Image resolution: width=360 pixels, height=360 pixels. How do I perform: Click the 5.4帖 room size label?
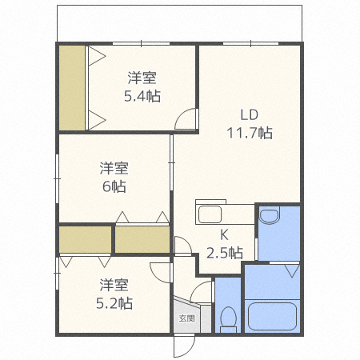[x=142, y=96]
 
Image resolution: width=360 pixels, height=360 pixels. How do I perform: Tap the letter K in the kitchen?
[x=225, y=235]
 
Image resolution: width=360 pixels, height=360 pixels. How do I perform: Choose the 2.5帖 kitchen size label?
[x=225, y=253]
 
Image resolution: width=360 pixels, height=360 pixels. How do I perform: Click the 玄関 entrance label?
[x=186, y=317]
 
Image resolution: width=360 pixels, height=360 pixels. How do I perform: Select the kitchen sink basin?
[x=210, y=215]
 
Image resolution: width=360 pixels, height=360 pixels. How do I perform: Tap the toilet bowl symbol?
[x=228, y=318]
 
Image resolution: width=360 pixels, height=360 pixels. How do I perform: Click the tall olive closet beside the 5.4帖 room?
[x=72, y=88]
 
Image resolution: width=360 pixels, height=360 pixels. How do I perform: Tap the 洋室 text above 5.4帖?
[x=142, y=78]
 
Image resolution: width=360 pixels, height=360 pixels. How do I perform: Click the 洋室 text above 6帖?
[x=114, y=168]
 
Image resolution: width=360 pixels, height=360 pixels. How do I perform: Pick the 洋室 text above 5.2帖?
[x=114, y=284]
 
